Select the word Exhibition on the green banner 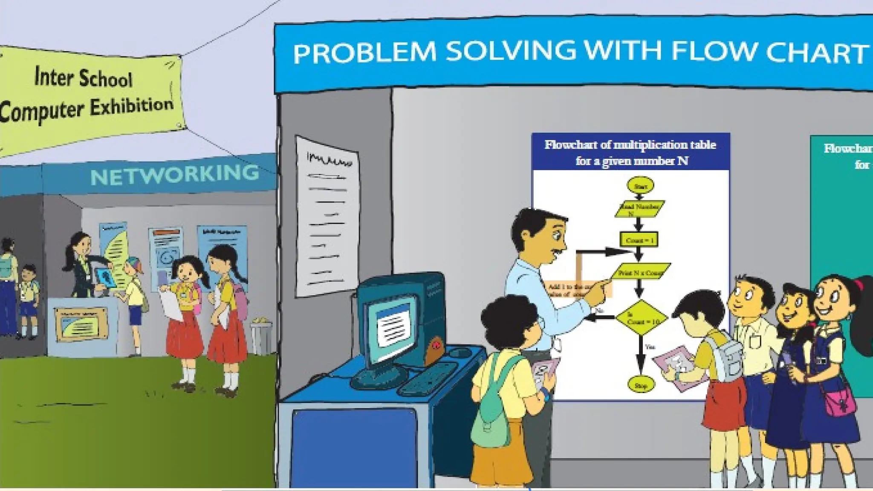tap(131, 106)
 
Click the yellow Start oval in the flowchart tap(640, 186)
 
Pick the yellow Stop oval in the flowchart tap(640, 385)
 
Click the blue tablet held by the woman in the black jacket tap(104, 277)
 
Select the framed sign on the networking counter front tap(81, 324)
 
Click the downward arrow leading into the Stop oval tap(639, 358)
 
